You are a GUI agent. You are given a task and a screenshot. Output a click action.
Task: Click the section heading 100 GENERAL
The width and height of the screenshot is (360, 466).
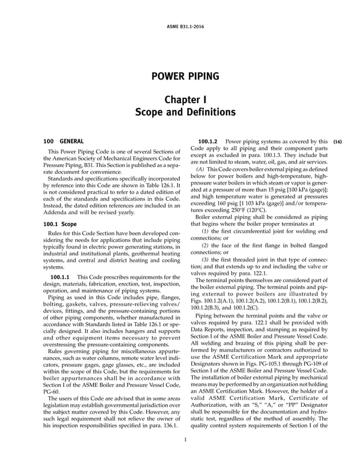tap(64, 140)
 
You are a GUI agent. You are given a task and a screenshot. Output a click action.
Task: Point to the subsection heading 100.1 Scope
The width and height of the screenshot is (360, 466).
tap(60, 224)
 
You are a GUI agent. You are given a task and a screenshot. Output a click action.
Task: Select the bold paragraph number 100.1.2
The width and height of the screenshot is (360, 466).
tap(208, 141)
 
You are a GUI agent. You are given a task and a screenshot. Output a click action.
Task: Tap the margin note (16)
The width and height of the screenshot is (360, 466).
tap(337, 141)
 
